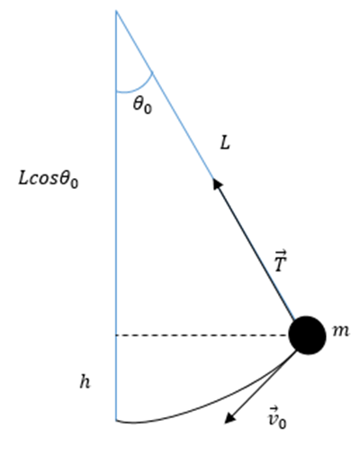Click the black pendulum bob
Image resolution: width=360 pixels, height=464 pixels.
pos(307,335)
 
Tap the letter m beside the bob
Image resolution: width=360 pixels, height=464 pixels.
pos(341,332)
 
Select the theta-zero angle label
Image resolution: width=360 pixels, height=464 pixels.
pos(142,105)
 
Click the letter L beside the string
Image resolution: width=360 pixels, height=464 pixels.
pos(225,144)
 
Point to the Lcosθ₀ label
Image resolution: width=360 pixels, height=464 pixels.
pos(49,180)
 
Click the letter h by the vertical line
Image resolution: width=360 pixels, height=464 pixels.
pos(85,382)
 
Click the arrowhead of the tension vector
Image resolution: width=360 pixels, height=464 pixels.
pos(217,183)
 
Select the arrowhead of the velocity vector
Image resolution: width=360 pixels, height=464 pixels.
pos(230,418)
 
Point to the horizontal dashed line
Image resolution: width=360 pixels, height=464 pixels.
pos(202,335)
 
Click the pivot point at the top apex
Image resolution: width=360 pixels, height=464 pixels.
pos(116,11)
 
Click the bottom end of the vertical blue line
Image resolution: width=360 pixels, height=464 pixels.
pos(116,421)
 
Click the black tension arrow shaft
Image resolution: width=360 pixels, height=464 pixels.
pos(255,249)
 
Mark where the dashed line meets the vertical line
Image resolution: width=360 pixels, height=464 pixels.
pos(116,335)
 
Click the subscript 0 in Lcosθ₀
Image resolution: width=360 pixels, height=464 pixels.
pos(75,183)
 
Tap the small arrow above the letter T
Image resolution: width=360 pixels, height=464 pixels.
pos(281,252)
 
